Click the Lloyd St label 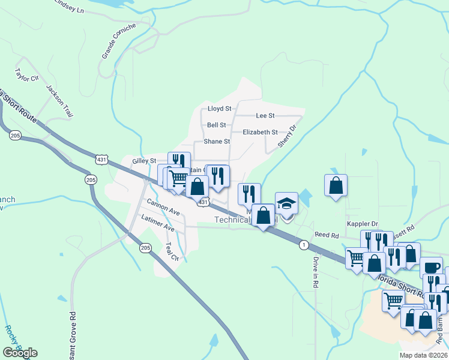coord(219,109)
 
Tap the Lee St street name coord(265,115)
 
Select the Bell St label coord(216,125)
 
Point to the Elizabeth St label coord(260,132)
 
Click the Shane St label coord(217,142)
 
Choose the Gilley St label coord(144,161)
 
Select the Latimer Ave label coord(157,224)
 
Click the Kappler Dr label coord(363,224)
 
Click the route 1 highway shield coord(304,245)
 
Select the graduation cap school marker coord(286,203)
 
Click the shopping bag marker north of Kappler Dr coord(336,185)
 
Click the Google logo coord(20,352)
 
